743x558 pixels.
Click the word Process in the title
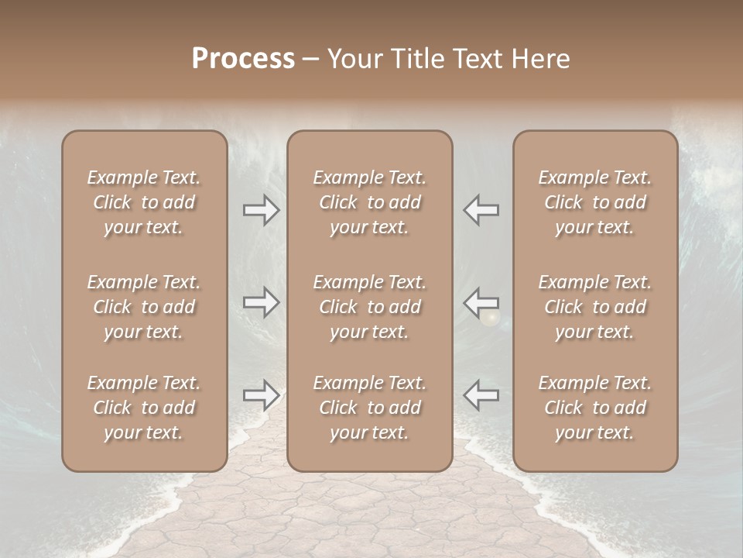[243, 58]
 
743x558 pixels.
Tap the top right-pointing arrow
[262, 210]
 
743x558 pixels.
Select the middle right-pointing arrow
[262, 302]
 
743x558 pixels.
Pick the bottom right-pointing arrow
[262, 395]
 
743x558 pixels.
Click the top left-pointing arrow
[481, 210]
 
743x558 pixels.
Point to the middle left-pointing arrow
[481, 301]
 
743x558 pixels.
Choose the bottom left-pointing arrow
[481, 394]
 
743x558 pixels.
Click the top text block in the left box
[144, 202]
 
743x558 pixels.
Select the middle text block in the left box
[144, 307]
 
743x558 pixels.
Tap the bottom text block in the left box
[144, 408]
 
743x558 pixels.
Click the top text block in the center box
[370, 202]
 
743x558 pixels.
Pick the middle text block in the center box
[370, 307]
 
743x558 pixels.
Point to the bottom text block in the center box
[370, 408]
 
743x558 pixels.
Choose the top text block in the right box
[595, 202]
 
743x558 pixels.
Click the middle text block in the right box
[595, 307]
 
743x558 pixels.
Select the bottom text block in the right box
[595, 408]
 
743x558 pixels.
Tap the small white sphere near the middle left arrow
[489, 317]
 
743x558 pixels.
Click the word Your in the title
[357, 58]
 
